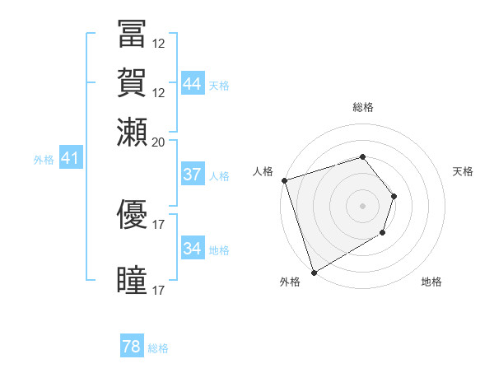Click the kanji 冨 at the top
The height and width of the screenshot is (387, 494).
132,34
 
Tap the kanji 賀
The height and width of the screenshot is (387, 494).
132,82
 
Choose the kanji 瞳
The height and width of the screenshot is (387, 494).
132,279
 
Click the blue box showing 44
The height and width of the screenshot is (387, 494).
193,84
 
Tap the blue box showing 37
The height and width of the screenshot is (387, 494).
193,175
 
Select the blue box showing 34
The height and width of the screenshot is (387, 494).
193,249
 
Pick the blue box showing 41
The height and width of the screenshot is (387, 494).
70,158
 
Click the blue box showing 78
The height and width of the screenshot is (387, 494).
132,347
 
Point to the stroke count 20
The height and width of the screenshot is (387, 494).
159,142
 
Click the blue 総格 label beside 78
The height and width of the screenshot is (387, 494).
158,348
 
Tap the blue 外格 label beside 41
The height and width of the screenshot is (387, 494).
44,160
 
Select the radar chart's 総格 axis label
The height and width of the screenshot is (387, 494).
363,108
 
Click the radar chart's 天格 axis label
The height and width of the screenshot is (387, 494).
463,171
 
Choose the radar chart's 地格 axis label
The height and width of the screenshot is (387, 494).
431,282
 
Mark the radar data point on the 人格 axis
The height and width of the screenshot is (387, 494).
284,180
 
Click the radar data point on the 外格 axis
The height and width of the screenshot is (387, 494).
314,273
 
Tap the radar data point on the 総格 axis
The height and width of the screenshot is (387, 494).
363,156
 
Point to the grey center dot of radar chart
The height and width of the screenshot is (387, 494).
363,206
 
